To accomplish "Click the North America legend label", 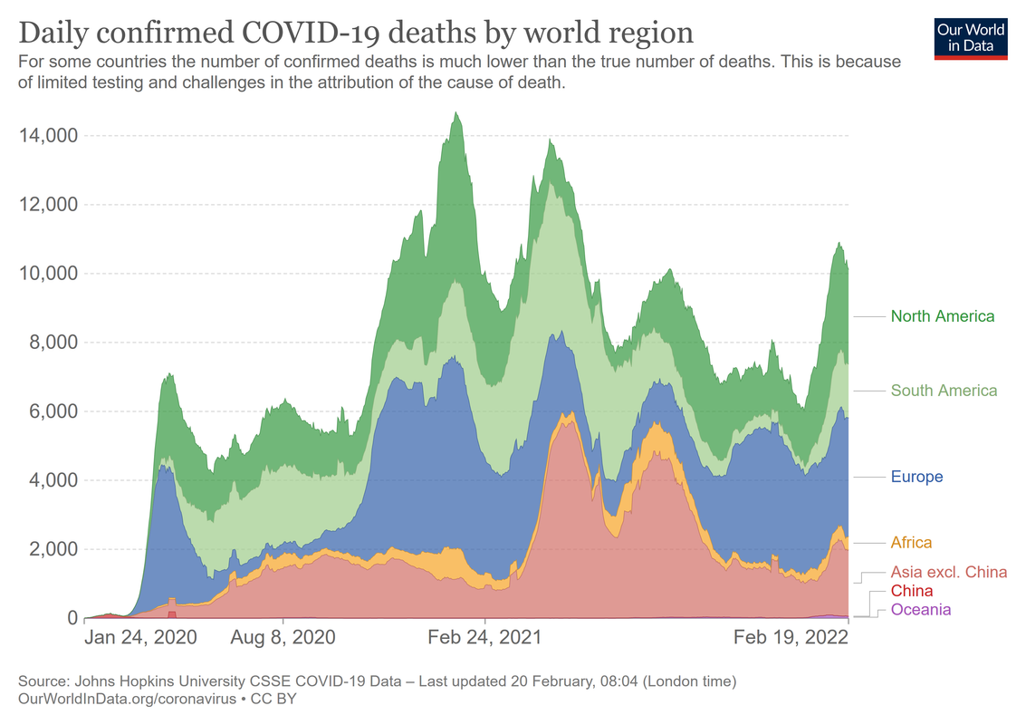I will [x=942, y=316].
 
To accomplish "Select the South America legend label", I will [x=944, y=391].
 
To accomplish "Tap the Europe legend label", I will [x=916, y=477].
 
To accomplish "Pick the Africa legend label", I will [x=911, y=543].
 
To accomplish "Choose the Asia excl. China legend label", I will [x=948, y=572].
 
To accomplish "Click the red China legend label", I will [x=912, y=591].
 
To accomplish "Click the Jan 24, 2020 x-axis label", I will [x=139, y=637].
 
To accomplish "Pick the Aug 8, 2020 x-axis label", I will [x=283, y=637].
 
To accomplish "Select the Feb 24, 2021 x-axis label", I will [x=485, y=637].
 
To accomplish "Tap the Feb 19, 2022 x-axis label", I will [x=791, y=637].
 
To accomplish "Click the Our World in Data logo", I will [x=971, y=37].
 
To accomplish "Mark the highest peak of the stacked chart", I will [x=456, y=113].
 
